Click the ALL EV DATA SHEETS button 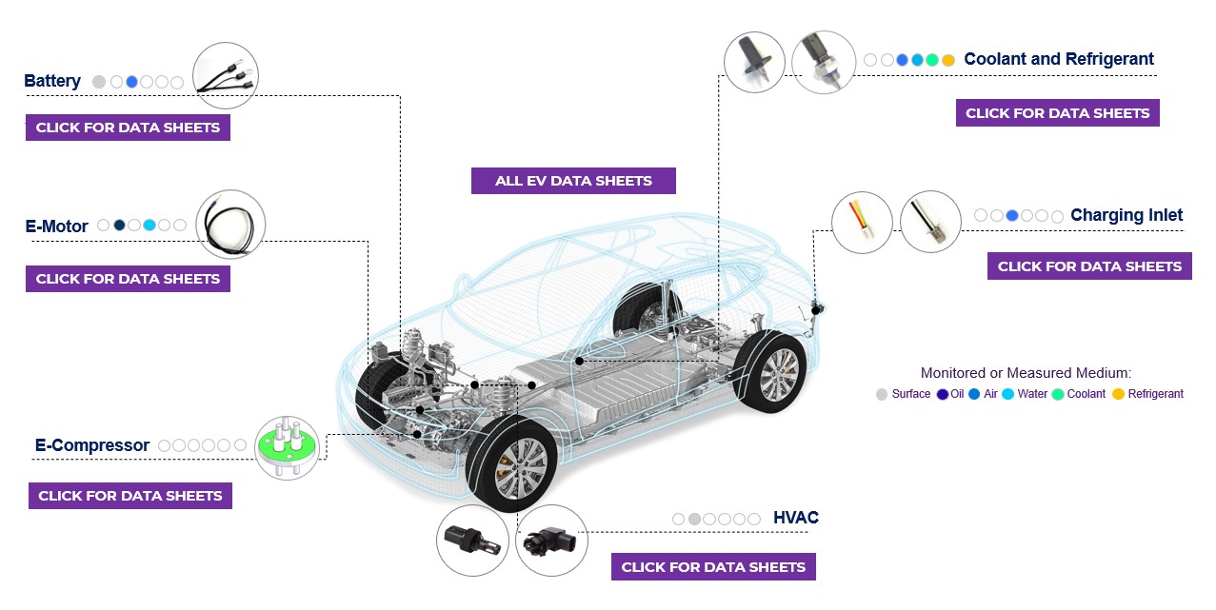573,181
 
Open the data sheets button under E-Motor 128,279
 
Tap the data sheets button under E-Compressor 130,496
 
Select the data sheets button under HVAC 713,567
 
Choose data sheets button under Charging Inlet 1089,266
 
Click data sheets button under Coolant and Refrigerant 1057,113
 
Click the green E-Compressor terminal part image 287,447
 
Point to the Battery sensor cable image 226,75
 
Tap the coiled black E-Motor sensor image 230,226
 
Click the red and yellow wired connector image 862,223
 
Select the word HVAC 795,518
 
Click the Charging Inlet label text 1126,215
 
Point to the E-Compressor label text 92,445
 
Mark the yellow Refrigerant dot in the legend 1118,394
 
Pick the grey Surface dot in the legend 882,394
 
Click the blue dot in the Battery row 131,82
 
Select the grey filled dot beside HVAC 694,519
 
